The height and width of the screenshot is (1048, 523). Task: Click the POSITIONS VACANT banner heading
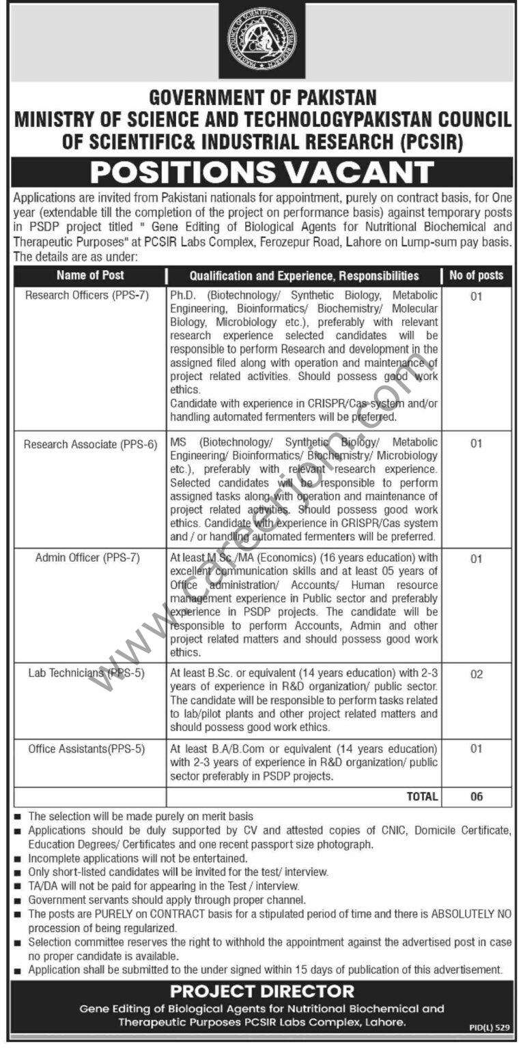click(262, 172)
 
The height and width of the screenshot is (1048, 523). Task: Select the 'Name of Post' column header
click(90, 276)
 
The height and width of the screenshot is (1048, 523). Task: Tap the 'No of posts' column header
click(476, 276)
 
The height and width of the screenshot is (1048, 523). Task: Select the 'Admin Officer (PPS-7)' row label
click(87, 557)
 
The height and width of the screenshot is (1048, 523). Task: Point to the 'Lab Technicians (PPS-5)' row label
click(86, 673)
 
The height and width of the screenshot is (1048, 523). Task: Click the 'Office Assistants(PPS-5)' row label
click(87, 748)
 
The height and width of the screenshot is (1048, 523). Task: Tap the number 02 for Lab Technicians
click(477, 674)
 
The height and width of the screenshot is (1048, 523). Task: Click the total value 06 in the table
click(477, 796)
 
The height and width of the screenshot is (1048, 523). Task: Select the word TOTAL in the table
click(421, 796)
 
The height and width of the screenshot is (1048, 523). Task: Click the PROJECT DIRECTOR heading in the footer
click(262, 991)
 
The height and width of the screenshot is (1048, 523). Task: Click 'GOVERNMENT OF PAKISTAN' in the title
click(263, 98)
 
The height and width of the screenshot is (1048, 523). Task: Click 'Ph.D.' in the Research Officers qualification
click(184, 295)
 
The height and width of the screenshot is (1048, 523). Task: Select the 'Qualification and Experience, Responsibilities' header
click(305, 276)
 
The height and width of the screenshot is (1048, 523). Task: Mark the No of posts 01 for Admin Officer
click(477, 559)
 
